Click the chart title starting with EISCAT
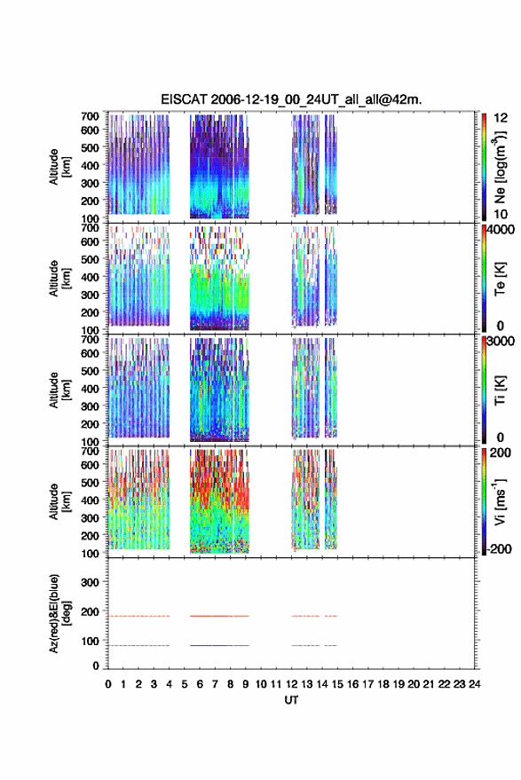pos(291,99)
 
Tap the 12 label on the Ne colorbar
pos(501,118)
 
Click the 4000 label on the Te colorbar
pos(501,230)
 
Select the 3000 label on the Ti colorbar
pos(501,342)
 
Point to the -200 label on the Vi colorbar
pos(499,549)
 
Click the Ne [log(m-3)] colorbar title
pos(500,167)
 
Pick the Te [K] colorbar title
pos(500,279)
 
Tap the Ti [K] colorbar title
pos(500,390)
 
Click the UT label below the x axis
pos(291,700)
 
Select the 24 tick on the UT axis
pos(474,684)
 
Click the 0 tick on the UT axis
pos(108,684)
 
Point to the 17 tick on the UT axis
pos(367,684)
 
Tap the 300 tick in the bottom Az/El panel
pos(90,582)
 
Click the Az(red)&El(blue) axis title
pos(59,614)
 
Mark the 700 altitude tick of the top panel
pos(90,116)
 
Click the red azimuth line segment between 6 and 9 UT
pos(219,616)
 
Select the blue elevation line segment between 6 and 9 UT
pos(219,645)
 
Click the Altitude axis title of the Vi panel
pos(59,501)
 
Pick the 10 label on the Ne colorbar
pos(501,215)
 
